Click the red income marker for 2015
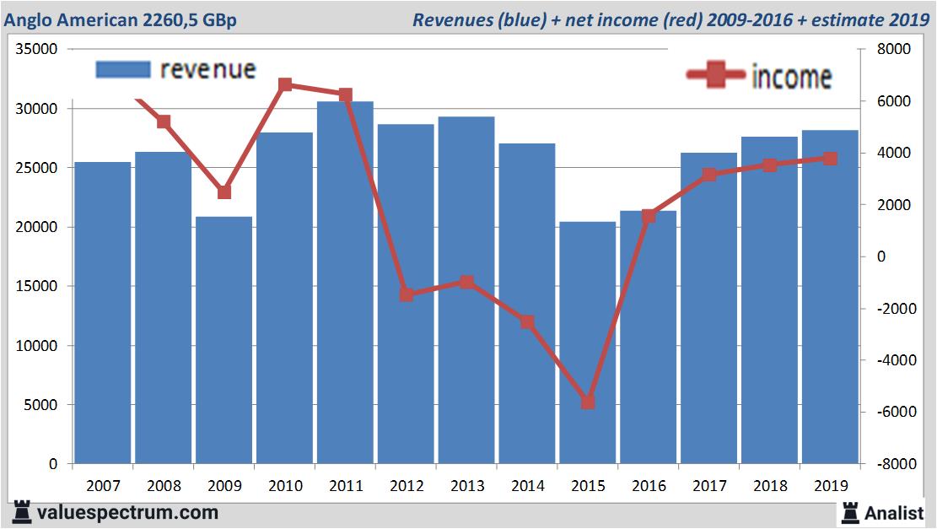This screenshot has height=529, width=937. [x=588, y=402]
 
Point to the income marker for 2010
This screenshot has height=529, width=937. [x=285, y=85]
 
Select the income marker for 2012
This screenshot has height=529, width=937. [x=407, y=294]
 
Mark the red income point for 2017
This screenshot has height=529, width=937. [x=709, y=175]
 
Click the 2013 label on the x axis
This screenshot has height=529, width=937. [x=466, y=486]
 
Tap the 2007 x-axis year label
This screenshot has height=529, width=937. [x=103, y=486]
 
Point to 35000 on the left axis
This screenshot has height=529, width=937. [x=36, y=50]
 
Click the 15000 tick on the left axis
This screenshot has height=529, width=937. [x=36, y=287]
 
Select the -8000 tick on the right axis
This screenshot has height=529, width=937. [x=894, y=464]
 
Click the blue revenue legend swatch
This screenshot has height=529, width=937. [x=122, y=70]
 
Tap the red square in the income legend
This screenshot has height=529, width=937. [x=716, y=75]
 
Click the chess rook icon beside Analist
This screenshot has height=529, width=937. [x=850, y=511]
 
